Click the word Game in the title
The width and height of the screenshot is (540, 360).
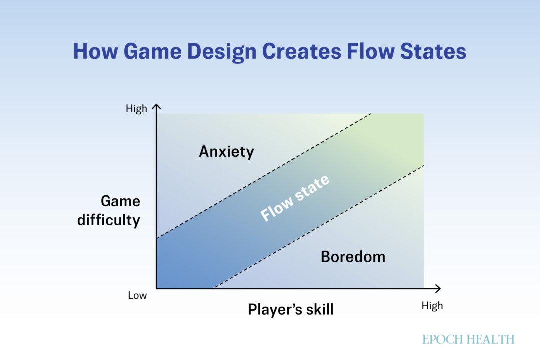145,52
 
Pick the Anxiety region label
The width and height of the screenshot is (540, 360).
226,152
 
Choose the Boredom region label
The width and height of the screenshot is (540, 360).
353,257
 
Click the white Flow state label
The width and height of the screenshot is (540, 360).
295,198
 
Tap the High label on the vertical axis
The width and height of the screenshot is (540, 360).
136,109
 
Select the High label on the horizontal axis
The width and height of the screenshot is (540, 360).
432,306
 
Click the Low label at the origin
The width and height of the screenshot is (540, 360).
137,295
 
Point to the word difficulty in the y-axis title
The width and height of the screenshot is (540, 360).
109,220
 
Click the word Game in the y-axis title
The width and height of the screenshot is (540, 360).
120,201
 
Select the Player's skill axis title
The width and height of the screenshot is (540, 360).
290,310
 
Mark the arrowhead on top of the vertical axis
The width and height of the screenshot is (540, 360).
157,107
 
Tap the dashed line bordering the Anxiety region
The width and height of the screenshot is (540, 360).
264,176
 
